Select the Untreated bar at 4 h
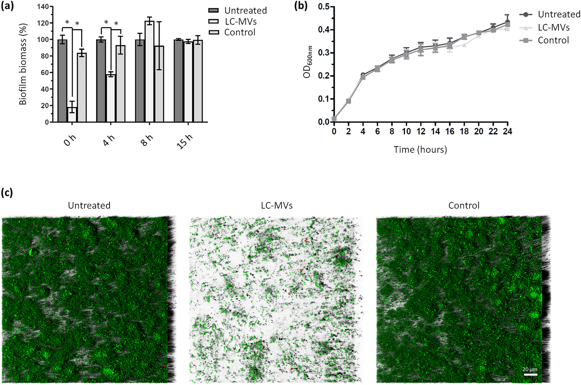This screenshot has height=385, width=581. tap(101, 81)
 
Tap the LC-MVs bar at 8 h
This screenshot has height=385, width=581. tap(149, 72)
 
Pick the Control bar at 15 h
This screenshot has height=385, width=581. tap(198, 81)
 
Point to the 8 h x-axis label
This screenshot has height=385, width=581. tap(148, 140)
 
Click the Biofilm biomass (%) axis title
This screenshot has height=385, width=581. tap(23, 65)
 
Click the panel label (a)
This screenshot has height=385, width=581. tap(8, 6)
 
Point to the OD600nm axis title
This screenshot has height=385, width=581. tap(308, 62)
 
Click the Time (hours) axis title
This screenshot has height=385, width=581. tap(420, 150)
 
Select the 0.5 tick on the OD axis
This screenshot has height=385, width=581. tap(324, 7)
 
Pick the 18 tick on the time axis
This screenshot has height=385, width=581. tap(464, 131)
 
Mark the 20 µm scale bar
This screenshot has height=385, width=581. tap(530, 374)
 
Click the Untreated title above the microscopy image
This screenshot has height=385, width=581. tap(89, 205)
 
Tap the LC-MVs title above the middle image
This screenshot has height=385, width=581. tap(277, 205)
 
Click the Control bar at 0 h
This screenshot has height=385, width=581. tap(82, 87)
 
